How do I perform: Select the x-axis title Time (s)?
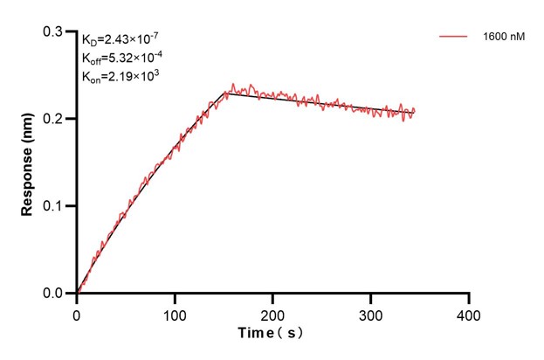272,334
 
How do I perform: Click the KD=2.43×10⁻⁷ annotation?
121,38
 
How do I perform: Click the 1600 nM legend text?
504,38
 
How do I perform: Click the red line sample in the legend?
455,38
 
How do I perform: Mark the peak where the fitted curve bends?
227,92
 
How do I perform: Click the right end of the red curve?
415,111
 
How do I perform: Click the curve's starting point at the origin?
77,294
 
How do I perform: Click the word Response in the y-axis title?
28,179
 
